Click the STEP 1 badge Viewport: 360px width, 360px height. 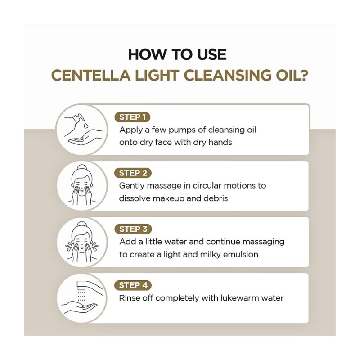132,117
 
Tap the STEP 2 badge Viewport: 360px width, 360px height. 133,173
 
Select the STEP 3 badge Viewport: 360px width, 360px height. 133,229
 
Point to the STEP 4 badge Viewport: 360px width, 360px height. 133,285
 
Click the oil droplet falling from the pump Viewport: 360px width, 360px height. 86,126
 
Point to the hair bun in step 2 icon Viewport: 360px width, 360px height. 81,167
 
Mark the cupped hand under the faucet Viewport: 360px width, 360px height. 79,308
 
